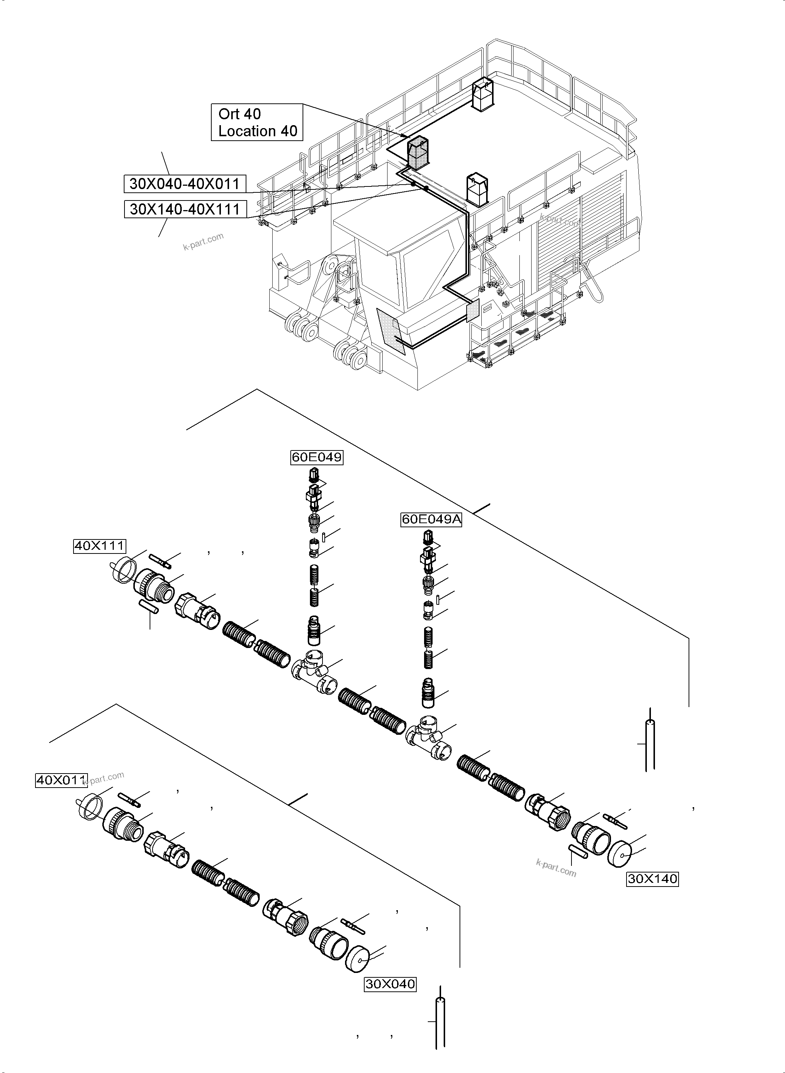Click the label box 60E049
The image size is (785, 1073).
(x=317, y=457)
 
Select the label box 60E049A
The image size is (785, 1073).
(x=431, y=520)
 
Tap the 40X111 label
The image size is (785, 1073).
(x=99, y=546)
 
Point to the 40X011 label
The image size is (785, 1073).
(x=61, y=781)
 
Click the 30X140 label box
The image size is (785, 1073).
(x=652, y=879)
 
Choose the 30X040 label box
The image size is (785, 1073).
(x=390, y=984)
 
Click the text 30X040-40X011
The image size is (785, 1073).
(x=185, y=184)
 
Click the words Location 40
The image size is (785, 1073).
(x=257, y=131)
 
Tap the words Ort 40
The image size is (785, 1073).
(x=239, y=114)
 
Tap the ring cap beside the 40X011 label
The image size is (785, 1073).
(x=89, y=805)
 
